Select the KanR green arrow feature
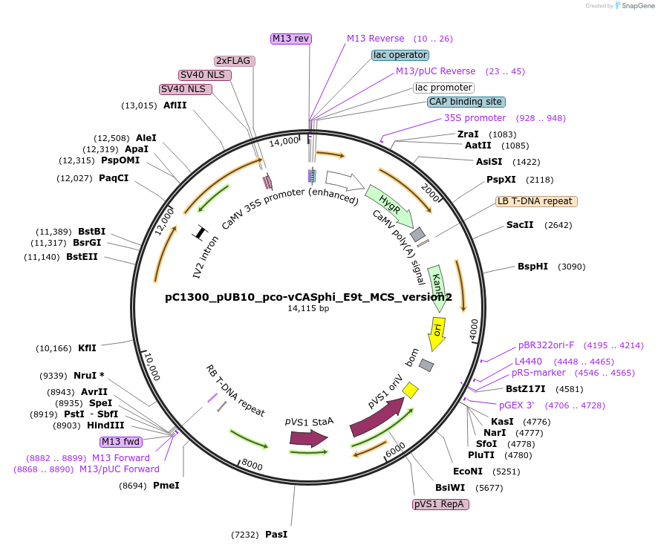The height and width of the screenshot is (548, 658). point(437,287)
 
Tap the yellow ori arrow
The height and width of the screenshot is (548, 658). point(437,332)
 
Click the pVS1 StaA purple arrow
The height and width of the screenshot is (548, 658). point(308,437)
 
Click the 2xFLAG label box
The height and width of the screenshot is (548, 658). point(235,61)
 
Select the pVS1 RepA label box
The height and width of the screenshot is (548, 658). point(440,504)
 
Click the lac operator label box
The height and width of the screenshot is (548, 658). point(400,55)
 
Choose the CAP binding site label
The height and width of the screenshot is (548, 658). point(466,102)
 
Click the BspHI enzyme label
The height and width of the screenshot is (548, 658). point(532,267)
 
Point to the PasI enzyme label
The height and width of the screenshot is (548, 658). point(276,535)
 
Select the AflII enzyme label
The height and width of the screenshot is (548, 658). point(175,105)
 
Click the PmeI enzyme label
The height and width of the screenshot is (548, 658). point(166,486)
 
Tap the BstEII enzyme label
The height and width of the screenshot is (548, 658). point(82,257)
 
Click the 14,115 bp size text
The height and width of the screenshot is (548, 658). point(308,308)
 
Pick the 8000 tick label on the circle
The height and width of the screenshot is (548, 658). point(252,465)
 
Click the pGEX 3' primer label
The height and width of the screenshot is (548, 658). point(516,405)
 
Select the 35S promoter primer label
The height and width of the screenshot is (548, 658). point(475,118)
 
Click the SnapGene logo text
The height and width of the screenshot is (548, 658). point(637,6)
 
